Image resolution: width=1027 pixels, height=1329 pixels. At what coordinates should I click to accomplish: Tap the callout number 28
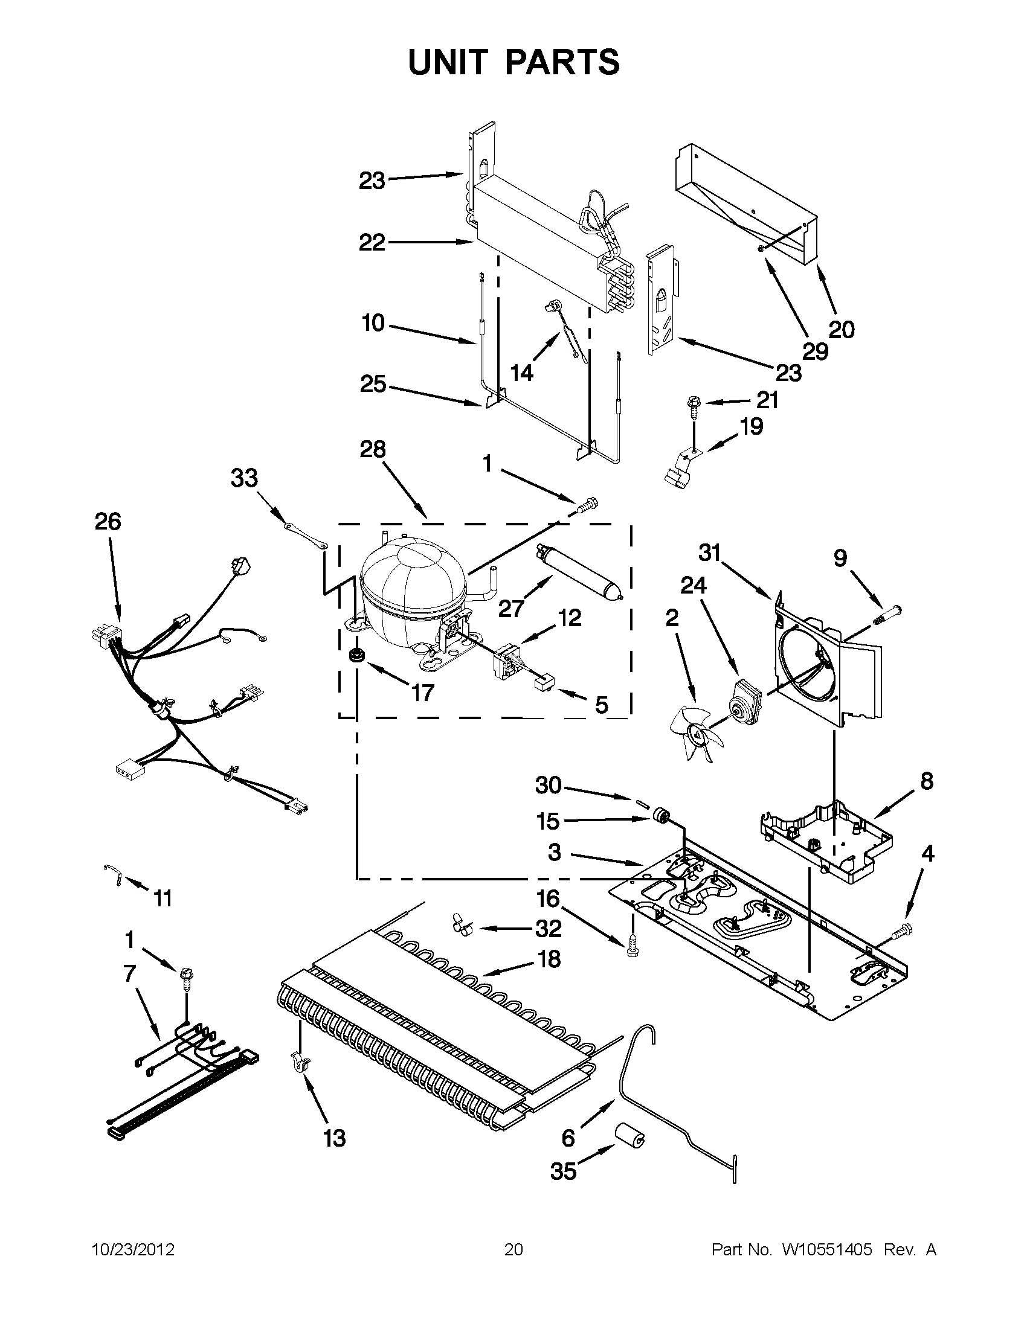[373, 449]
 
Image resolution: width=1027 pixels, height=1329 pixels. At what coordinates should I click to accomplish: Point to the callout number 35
[563, 1171]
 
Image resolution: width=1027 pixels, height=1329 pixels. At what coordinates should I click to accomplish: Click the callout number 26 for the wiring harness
[108, 522]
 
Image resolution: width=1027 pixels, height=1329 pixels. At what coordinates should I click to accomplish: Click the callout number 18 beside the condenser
[549, 959]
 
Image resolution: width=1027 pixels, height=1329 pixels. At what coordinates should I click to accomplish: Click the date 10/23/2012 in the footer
[134, 1250]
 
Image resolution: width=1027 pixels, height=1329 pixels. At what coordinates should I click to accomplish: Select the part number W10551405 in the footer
[826, 1250]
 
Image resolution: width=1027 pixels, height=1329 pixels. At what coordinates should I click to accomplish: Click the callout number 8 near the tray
[927, 781]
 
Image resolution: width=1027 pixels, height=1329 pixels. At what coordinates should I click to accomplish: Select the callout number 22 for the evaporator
[372, 243]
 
